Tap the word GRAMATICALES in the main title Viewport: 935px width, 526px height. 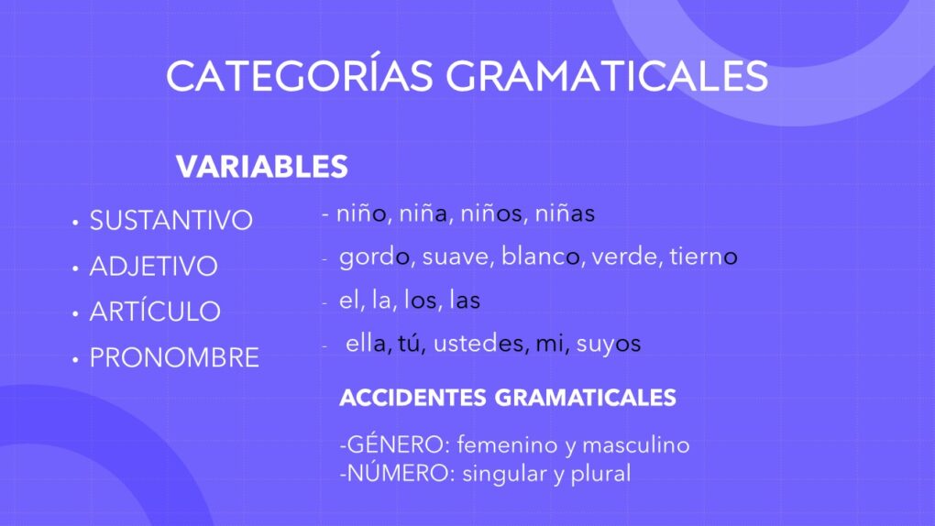[607, 76]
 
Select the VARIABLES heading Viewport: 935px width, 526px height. [262, 167]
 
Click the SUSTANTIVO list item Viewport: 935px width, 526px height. [171, 221]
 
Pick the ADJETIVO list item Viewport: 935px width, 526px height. [154, 266]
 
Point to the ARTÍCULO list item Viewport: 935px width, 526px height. [155, 311]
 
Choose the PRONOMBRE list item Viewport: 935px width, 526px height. [174, 357]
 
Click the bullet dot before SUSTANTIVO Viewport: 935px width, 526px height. [75, 223]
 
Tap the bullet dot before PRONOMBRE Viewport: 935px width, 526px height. [75, 360]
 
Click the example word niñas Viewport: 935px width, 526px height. [565, 213]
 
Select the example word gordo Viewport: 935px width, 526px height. [374, 258]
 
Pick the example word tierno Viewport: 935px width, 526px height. [703, 257]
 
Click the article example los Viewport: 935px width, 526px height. [421, 300]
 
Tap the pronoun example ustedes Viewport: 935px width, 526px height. [478, 344]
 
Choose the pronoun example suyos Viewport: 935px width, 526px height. [609, 345]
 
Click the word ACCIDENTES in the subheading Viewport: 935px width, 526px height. [412, 398]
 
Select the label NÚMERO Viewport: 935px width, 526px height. [397, 472]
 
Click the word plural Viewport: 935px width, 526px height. [600, 474]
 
